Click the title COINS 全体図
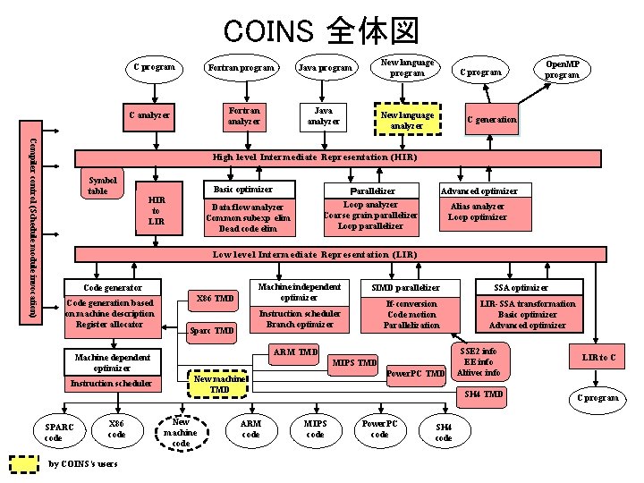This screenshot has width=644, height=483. click(x=321, y=30)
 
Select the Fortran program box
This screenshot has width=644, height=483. click(x=242, y=68)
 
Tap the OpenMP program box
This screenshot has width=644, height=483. click(x=563, y=70)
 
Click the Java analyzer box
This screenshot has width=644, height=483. click(x=323, y=115)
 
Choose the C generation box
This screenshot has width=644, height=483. click(x=492, y=120)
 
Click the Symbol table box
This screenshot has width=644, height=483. click(x=97, y=185)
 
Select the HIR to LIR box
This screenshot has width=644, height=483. click(x=157, y=210)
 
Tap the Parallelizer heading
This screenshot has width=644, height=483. click(x=372, y=191)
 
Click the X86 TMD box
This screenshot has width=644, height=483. click(x=215, y=298)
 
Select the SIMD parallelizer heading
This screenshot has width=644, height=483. click(x=406, y=287)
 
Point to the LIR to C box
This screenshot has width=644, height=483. click(x=598, y=358)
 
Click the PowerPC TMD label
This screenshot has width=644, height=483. click(x=416, y=373)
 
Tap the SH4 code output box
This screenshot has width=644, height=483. click(x=444, y=432)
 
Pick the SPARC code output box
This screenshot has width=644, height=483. click(x=53, y=433)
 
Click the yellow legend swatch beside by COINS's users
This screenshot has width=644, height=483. click(x=24, y=464)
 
